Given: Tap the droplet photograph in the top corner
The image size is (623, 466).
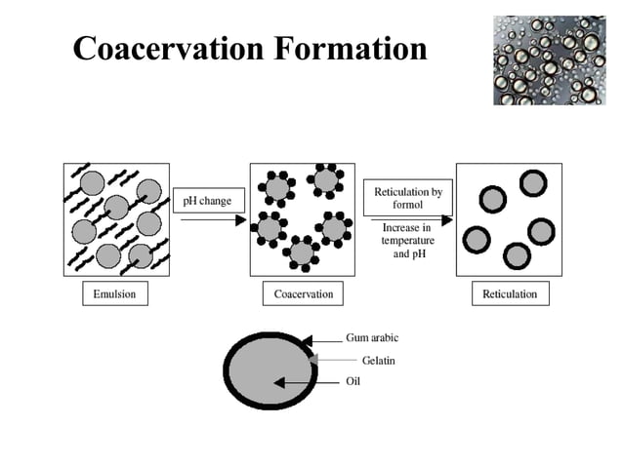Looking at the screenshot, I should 549,58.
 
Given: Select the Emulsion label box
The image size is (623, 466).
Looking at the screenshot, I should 114,293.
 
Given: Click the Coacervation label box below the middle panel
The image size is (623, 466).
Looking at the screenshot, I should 303,293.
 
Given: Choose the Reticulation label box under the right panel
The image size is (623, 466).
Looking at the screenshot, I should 509,293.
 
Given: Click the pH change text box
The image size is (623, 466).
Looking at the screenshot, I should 207,202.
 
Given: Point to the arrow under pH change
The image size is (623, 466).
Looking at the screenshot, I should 213,220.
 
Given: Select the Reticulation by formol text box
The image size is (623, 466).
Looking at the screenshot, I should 407,198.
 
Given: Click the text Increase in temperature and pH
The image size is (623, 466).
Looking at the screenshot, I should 407,241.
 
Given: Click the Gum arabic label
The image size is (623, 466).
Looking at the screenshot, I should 372,338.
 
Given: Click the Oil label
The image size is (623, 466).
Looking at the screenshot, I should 353,381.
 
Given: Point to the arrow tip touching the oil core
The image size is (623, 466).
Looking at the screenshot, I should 277,383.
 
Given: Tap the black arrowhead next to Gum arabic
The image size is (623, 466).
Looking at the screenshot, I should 307,340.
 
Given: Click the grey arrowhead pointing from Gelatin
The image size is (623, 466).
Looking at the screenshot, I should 312,361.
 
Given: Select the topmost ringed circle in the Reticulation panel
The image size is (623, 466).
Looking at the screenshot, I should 532,183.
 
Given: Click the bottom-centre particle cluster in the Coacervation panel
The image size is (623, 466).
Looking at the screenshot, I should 303,252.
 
